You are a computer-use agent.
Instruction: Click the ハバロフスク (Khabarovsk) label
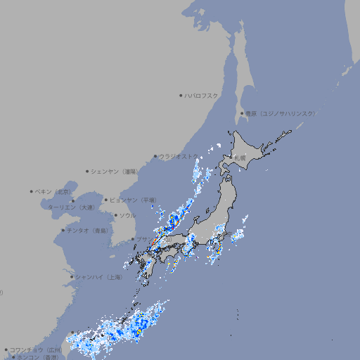pyautogui.click(x=202, y=95)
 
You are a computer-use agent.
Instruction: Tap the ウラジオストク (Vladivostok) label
pyautogui.click(x=179, y=156)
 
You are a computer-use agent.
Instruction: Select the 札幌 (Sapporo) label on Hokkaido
pyautogui.click(x=240, y=157)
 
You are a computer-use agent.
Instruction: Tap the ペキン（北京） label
pyautogui.click(x=53, y=191)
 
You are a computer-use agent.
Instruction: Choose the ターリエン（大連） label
pyautogui.click(x=71, y=207)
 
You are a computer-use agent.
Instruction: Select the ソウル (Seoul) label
pyautogui.click(x=127, y=215)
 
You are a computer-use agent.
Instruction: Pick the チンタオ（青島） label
pyautogui.click(x=88, y=230)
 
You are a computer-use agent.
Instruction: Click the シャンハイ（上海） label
pyautogui.click(x=98, y=277)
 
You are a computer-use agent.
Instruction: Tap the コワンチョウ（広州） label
pyautogui.click(x=36, y=349)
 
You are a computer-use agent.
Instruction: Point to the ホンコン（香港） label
pyautogui.click(x=36, y=357)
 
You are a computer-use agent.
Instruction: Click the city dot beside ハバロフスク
pyautogui.click(x=181, y=95)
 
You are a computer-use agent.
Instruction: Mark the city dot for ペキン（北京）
pyautogui.click(x=32, y=191)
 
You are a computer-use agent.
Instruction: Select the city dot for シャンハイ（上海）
pyautogui.click(x=72, y=277)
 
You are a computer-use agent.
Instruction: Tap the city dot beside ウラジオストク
pyautogui.click(x=155, y=156)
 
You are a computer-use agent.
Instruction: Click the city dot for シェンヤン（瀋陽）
pyautogui.click(x=88, y=171)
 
